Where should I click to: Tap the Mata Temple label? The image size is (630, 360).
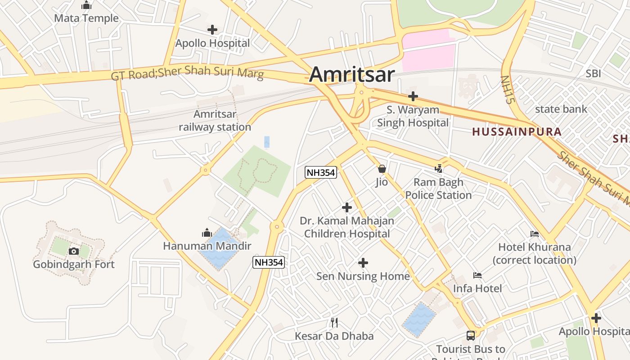pos(86,18)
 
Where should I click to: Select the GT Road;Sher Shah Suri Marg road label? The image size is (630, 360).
pos(187,73)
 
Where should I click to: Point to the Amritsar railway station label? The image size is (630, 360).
pos(215,121)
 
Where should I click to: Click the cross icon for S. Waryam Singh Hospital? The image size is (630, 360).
pos(413,96)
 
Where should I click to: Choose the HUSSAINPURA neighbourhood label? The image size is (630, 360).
pos(517,132)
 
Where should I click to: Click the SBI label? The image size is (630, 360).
pos(593,73)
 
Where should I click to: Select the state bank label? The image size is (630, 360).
pos(561,109)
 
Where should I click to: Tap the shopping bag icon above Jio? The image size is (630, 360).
pos(382,169)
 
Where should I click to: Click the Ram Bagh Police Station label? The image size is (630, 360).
pos(438,189)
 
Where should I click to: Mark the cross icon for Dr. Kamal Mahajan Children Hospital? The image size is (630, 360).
pos(347,207)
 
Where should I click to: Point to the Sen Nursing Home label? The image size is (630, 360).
pos(363,276)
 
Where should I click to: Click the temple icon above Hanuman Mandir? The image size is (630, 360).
pos(207,233)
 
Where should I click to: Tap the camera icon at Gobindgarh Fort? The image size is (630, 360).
pos(74,251)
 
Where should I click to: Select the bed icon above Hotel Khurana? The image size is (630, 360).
pos(535,234)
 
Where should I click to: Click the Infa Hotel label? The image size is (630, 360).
pos(477,288)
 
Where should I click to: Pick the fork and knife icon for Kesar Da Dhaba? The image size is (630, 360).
pos(334,322)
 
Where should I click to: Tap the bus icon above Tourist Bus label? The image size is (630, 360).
pos(470,335)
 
